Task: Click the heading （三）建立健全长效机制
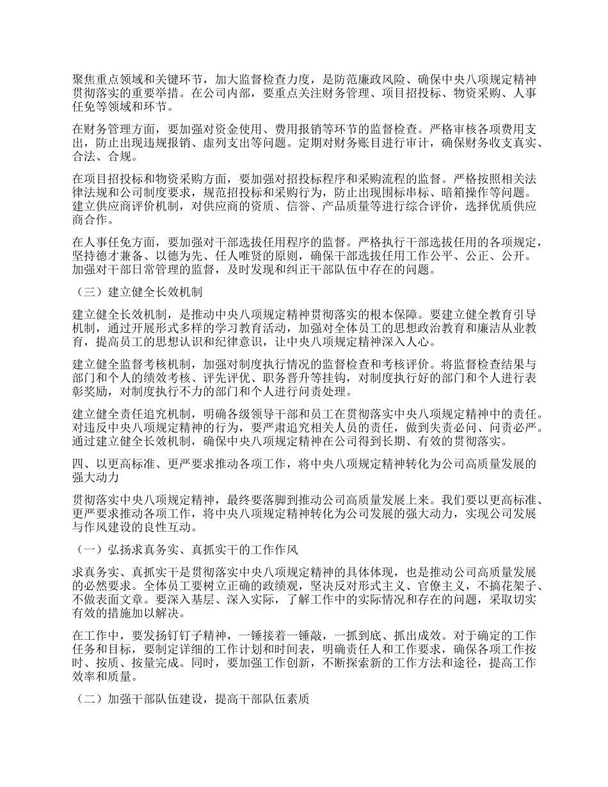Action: pyautogui.click(x=138, y=292)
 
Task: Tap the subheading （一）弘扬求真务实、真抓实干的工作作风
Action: pyautogui.click(x=186, y=549)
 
